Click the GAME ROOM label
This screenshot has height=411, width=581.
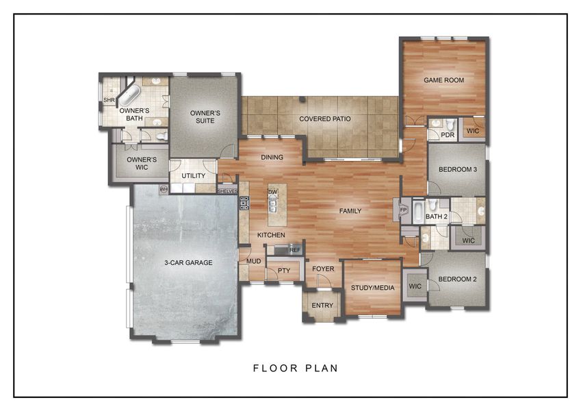pos(443,80)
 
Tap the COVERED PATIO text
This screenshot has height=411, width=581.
pos(325,119)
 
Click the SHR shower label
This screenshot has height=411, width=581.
pos(108,101)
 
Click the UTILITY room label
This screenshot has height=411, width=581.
pos(194,176)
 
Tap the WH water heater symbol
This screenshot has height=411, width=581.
pos(164,188)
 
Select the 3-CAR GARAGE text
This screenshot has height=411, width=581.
pos(188,262)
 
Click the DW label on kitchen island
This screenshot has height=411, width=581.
pos(272,192)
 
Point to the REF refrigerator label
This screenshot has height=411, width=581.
pos(295,250)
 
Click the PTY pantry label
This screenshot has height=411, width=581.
pos(284,271)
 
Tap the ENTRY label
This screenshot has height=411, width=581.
pos(322,306)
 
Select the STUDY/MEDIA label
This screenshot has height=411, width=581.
pos(372,288)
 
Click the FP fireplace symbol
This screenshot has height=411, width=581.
pos(403,209)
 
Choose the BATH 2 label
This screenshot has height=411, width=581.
pos(436,217)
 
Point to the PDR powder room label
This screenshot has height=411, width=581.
pos(448,135)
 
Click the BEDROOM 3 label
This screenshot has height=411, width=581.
pos(457,169)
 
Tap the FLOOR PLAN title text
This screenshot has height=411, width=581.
pos(296,368)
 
